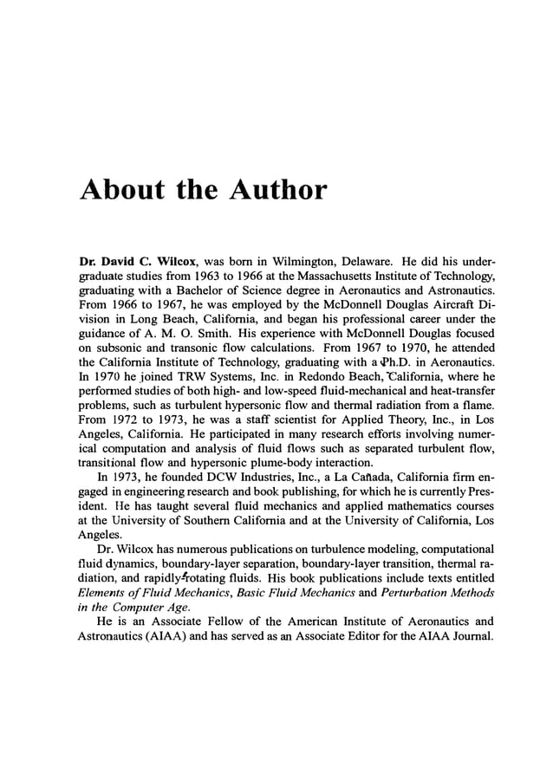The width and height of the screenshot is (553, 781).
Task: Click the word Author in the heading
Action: point(273,189)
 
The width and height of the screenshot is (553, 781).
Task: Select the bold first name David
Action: point(124,259)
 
